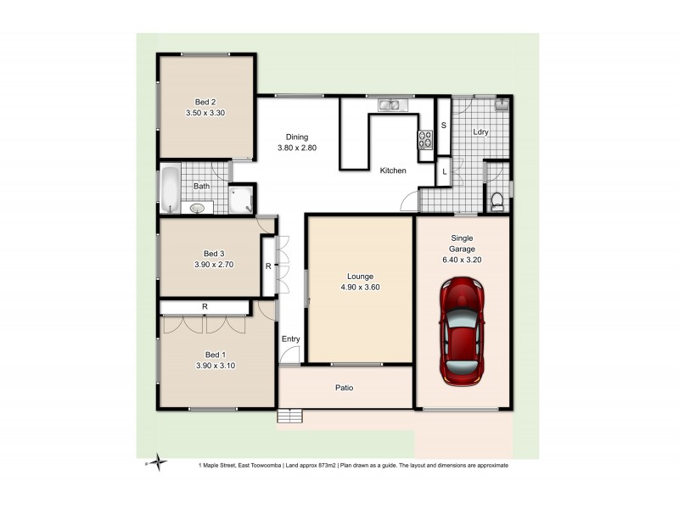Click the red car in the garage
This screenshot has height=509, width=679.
[463, 333]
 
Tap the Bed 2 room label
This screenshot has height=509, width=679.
[195, 103]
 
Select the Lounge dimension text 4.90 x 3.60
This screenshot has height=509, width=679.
[360, 287]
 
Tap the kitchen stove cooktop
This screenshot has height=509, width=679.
[424, 142]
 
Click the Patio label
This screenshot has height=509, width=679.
[343, 388]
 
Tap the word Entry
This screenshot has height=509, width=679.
[291, 339]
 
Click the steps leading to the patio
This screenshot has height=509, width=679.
[289, 416]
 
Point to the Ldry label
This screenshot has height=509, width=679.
[480, 131]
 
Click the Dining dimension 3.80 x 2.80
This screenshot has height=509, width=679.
[296, 148]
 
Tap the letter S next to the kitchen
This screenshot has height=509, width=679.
[443, 126]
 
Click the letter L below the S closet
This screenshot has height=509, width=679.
[443, 171]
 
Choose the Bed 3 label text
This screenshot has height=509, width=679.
[214, 253]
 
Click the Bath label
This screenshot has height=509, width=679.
[201, 186]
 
